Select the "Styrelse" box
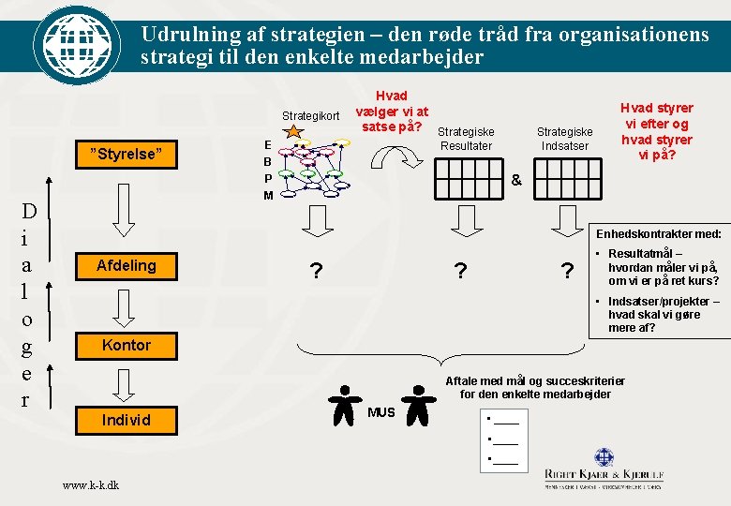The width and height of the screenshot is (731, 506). pyautogui.click(x=127, y=154)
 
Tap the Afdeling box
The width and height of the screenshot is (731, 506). pyautogui.click(x=127, y=265)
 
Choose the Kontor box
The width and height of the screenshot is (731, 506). pyautogui.click(x=127, y=345)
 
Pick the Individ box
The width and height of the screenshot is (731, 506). pyautogui.click(x=127, y=419)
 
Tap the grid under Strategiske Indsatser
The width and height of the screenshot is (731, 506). pyautogui.click(x=563, y=176)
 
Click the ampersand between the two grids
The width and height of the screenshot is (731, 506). pyautogui.click(x=515, y=179)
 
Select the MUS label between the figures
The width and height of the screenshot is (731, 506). pyautogui.click(x=381, y=412)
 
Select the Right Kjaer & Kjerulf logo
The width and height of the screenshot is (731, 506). pyautogui.click(x=604, y=468)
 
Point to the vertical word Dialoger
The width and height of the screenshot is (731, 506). pyautogui.click(x=29, y=305)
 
